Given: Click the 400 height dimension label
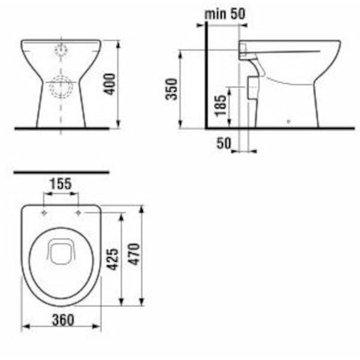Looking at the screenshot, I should pos(111,84).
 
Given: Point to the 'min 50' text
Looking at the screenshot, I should pos(225,13).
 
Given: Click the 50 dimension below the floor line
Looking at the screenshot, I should pos(224,144).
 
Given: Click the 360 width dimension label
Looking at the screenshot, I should pos(62,319).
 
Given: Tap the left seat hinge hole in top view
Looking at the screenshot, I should pos(44,212).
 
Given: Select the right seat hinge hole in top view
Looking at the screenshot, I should pos(78,212).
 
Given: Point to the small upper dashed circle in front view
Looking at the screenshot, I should pos(60,50).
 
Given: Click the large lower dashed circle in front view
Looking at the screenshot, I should pos(61,86).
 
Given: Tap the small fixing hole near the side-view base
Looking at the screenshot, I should pos(288,121).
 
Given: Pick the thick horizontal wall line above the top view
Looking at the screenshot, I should pos(62,172).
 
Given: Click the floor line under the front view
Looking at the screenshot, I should pos(62,128).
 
